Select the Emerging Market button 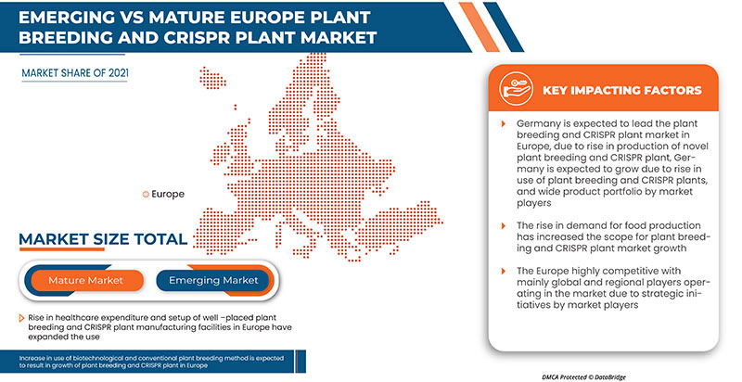tap(212, 280)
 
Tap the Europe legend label tap(167, 194)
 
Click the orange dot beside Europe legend tap(144, 194)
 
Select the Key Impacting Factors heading tap(621, 91)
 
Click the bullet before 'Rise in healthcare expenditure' tap(20, 317)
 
